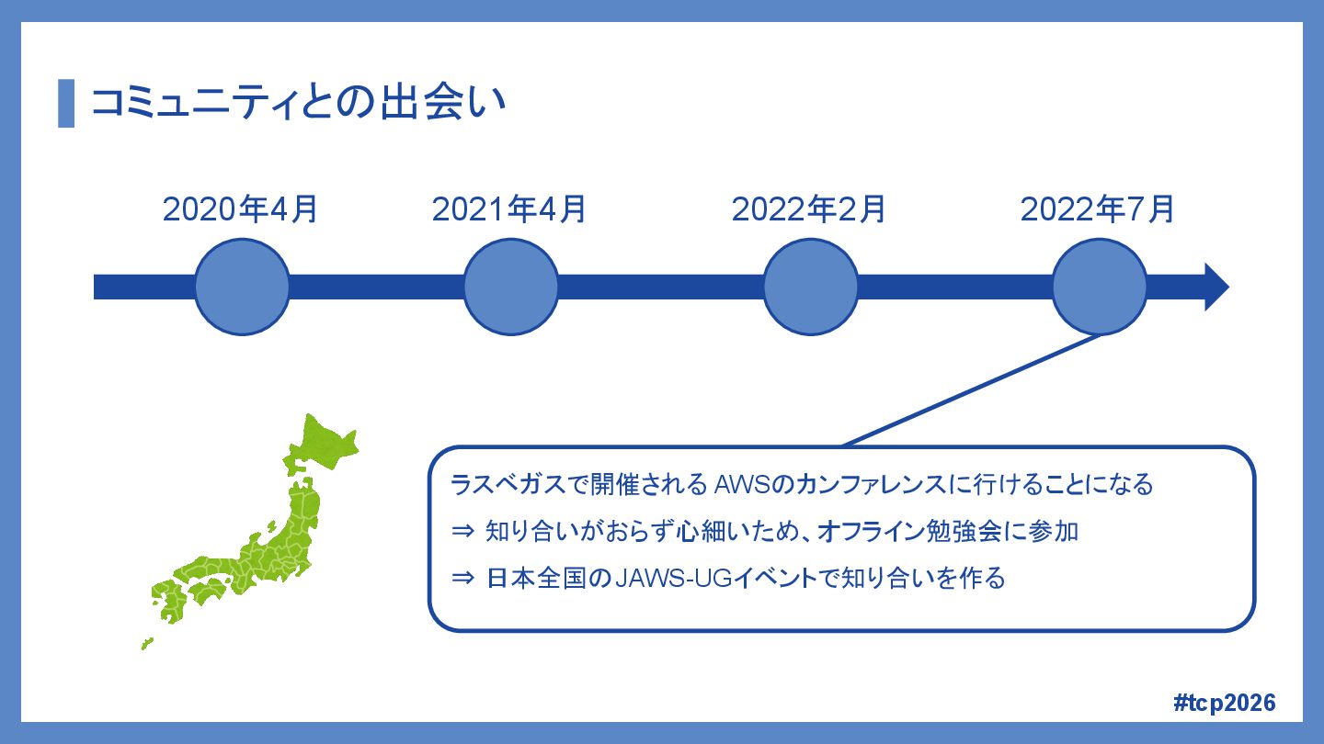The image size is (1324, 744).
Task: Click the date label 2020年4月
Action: click(x=241, y=209)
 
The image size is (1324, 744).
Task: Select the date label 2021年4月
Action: click(x=509, y=209)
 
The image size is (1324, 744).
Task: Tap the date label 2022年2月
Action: click(x=809, y=209)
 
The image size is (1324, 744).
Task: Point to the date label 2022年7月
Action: click(x=1098, y=209)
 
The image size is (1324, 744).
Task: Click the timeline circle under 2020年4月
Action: click(x=243, y=287)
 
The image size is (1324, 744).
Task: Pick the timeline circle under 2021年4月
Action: click(x=511, y=287)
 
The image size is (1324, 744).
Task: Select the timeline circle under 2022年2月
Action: click(x=811, y=287)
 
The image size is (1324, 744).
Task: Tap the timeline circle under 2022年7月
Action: click(x=1100, y=287)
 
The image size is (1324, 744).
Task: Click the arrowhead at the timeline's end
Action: click(x=1216, y=287)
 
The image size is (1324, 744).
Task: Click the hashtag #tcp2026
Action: click(x=1225, y=703)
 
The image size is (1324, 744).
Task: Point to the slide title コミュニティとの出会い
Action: click(x=299, y=103)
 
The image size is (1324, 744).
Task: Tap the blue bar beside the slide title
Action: click(x=66, y=103)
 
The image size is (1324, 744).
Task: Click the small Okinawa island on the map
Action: click(x=146, y=644)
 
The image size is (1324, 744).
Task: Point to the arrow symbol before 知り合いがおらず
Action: click(x=462, y=532)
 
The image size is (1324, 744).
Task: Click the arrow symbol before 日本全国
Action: click(x=462, y=580)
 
